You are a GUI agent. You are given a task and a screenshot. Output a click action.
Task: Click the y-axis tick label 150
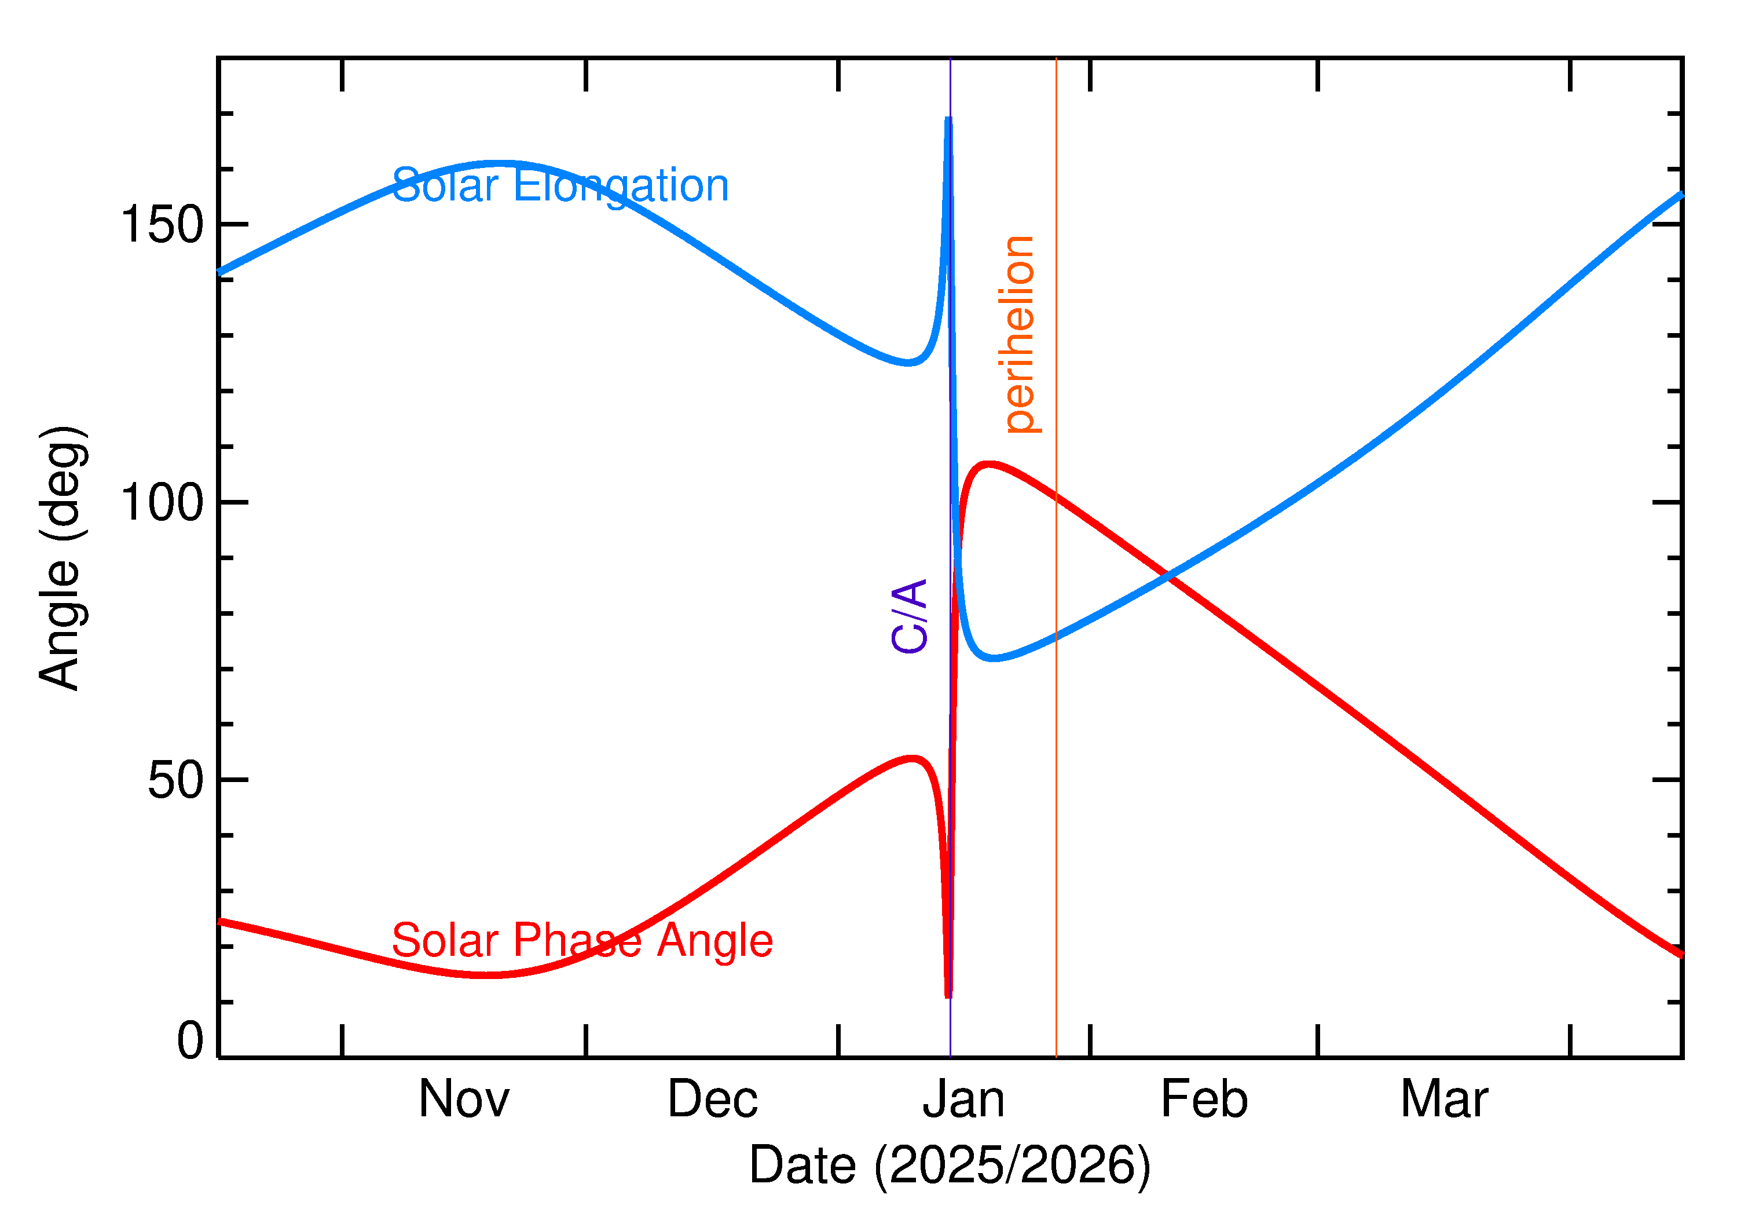click(x=162, y=225)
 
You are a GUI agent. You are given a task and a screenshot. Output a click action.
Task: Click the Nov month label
click(x=464, y=1100)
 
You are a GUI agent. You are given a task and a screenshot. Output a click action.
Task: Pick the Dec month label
click(x=712, y=1100)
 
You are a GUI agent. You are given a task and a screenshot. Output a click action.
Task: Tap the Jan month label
click(x=963, y=1100)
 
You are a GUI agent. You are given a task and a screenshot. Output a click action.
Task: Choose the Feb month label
click(x=1204, y=1100)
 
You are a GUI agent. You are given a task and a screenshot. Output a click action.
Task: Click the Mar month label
click(x=1444, y=1100)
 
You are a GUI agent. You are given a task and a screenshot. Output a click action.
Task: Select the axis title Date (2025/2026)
click(x=949, y=1165)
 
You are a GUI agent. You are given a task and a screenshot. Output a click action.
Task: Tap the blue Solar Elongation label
click(x=560, y=186)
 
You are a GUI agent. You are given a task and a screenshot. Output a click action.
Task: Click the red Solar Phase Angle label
click(x=582, y=941)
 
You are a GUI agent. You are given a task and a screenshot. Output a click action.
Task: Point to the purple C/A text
click(x=910, y=615)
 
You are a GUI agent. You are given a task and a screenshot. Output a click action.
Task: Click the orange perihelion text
click(x=1020, y=334)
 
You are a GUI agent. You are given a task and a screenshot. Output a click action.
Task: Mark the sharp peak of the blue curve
click(x=948, y=120)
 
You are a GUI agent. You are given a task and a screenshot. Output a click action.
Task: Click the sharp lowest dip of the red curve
click(x=948, y=995)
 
